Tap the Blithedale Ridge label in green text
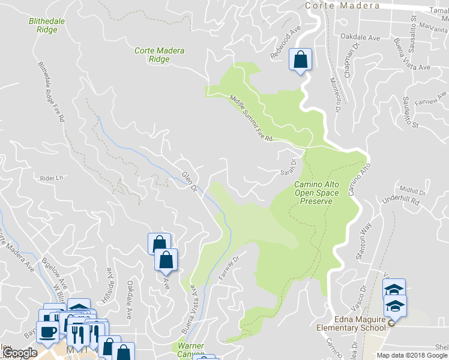tap(43, 25)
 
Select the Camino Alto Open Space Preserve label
tap(317, 193)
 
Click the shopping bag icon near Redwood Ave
tap(300, 60)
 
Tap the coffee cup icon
tap(47, 332)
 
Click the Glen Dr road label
tap(189, 181)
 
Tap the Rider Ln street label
tap(51, 178)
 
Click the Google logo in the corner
tap(20, 353)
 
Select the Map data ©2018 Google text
tap(412, 355)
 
